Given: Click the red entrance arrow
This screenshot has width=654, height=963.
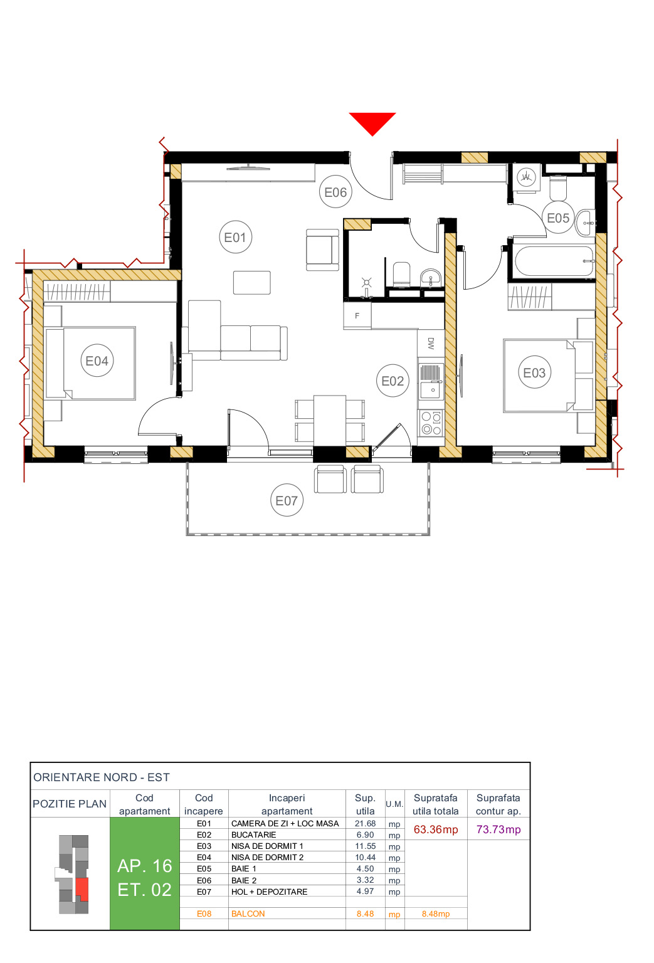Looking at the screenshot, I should coord(372,122).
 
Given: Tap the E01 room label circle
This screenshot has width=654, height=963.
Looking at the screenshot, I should coord(235,237).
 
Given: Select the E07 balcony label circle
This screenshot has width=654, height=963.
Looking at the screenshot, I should coord(287,500).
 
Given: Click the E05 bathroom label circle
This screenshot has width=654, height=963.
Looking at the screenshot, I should coord(557,218).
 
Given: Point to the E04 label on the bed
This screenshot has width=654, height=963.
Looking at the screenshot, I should coord(97,361).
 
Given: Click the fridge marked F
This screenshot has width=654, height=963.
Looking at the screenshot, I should coord(357,315).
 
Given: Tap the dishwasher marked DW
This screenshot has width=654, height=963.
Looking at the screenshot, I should coord(431,343).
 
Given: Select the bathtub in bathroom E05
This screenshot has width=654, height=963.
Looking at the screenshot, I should coord(553,261).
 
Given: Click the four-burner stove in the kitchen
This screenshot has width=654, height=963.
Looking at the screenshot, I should coord(431,423).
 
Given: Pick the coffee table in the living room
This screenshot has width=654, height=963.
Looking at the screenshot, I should coord(251,282).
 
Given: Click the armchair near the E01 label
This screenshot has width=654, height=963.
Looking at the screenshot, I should coord(322,250).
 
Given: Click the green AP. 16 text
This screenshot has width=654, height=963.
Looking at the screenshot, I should coord(144,866).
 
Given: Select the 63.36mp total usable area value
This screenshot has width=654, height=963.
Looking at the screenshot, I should coord(436,829).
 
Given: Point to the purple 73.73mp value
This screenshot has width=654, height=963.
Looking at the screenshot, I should coord(498,829).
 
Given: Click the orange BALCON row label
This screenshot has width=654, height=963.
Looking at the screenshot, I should coord(248,913).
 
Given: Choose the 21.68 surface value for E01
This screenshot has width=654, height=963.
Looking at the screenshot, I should coord(365,823).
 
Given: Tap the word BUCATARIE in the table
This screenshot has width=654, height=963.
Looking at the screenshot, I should coord(254,834).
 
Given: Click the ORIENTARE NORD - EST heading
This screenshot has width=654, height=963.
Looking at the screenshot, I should coord(102,777).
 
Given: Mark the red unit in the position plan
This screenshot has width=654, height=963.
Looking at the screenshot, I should coord(82,889).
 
